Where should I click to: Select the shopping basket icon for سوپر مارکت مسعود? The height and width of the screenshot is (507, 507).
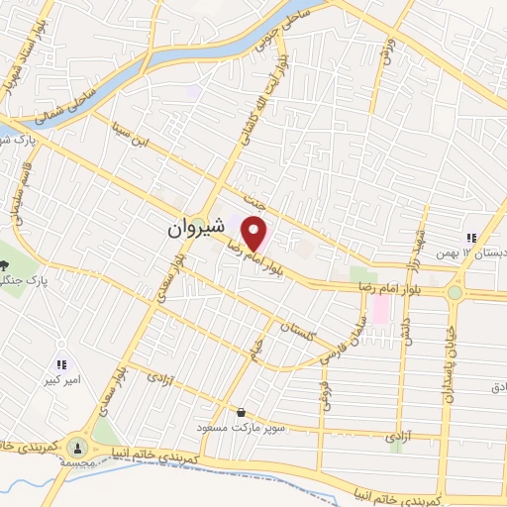241,412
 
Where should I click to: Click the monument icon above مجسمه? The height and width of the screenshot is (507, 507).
78,448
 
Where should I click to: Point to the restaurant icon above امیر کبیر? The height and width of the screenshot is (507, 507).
62,364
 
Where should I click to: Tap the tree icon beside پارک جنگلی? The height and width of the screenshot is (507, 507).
4,264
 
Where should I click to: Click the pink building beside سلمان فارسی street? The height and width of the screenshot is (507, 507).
380,309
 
